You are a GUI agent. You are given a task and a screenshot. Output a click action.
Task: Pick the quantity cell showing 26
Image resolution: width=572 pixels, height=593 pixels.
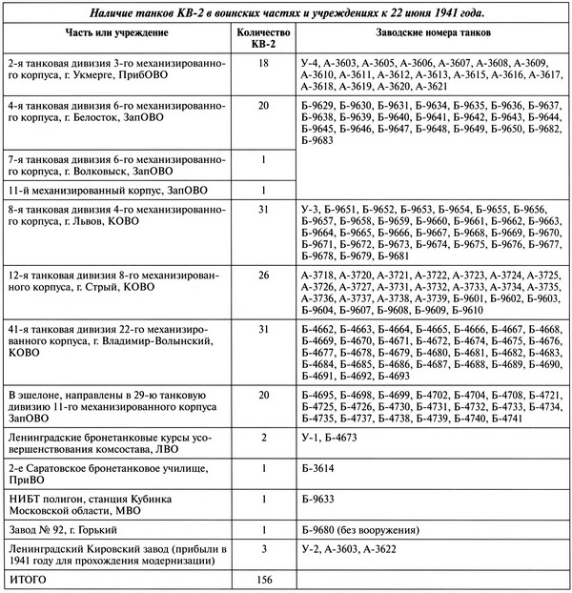[x=262, y=275]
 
